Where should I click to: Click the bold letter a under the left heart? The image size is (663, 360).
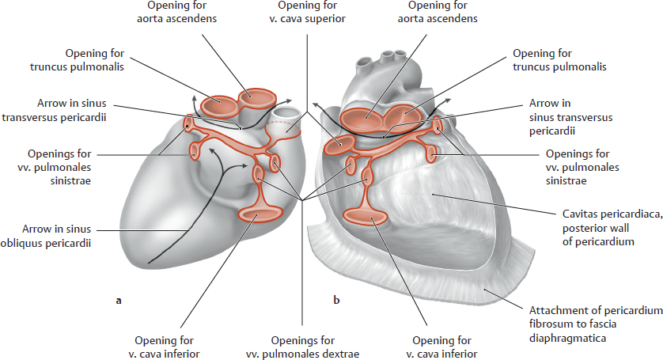(119, 300)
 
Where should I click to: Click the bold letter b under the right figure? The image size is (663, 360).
(336, 300)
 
